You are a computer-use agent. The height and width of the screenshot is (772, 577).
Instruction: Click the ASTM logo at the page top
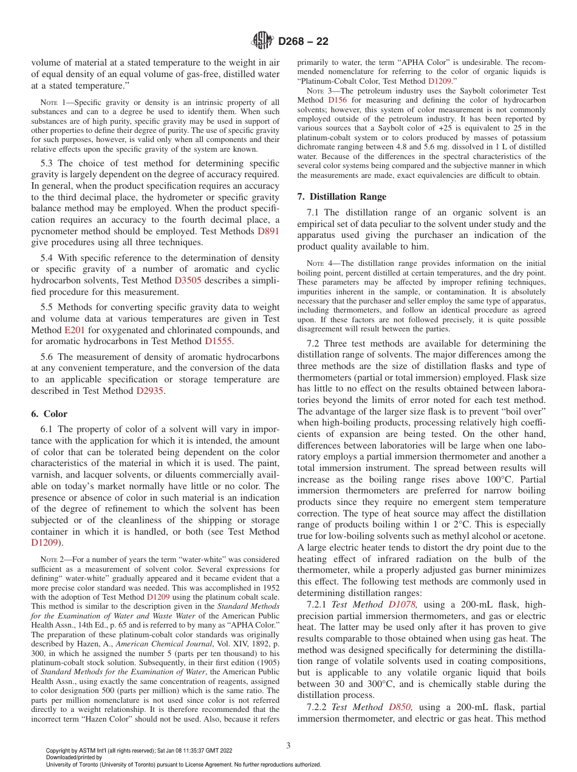pyautogui.click(x=262, y=41)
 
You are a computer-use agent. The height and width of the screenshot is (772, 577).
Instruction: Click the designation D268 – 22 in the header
pyautogui.click(x=303, y=41)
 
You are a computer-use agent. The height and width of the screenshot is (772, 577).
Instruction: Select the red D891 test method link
pyautogui.click(x=268, y=231)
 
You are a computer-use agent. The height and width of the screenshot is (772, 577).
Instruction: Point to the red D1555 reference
pyautogui.click(x=219, y=342)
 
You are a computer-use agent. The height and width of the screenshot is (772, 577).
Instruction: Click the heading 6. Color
pyautogui.click(x=49, y=414)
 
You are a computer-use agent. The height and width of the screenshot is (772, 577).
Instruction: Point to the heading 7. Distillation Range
pyautogui.click(x=342, y=197)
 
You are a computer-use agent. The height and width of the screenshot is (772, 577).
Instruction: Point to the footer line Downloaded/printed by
pyautogui.click(x=74, y=757)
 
